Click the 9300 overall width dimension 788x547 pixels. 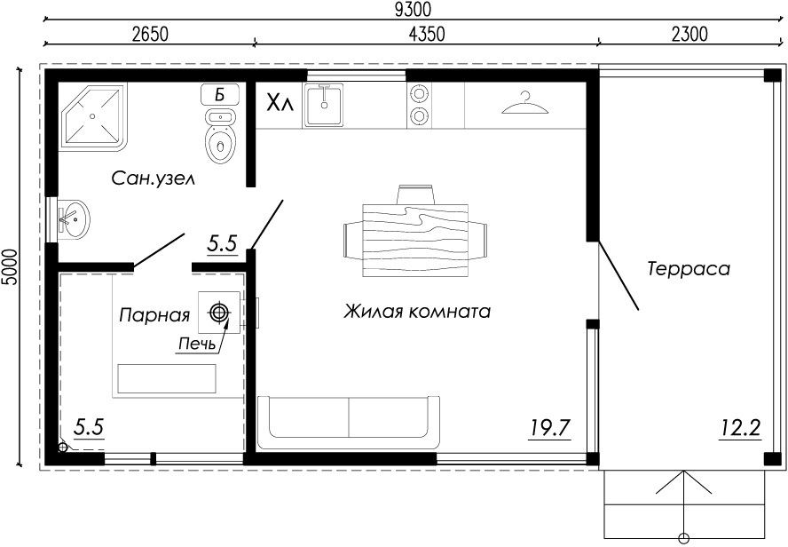(x=413, y=10)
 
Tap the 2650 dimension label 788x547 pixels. (x=150, y=34)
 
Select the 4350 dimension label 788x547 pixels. (x=427, y=34)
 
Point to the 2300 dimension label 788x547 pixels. (x=689, y=34)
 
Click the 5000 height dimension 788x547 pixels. (x=10, y=267)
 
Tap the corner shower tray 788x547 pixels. (x=92, y=116)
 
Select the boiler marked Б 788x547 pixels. (x=219, y=94)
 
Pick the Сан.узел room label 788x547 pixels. (x=153, y=178)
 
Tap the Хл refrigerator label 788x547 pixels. (x=280, y=104)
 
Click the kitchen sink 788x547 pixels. (x=324, y=105)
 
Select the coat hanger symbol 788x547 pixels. (x=525, y=103)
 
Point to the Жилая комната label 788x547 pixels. (x=417, y=311)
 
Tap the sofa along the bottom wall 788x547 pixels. (x=349, y=423)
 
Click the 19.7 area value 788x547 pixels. (x=549, y=428)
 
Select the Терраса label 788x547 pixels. (x=688, y=268)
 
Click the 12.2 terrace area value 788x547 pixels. (x=740, y=429)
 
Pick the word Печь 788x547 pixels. (x=197, y=344)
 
